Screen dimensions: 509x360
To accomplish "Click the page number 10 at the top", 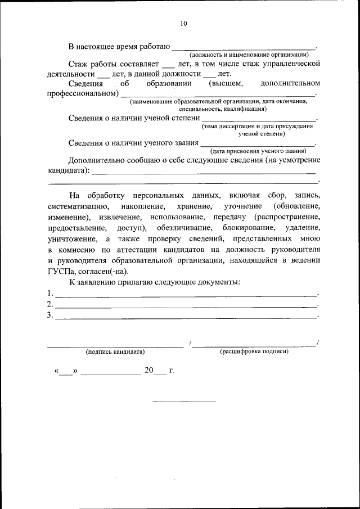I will [183, 24].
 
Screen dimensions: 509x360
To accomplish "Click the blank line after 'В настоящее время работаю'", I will [243, 48].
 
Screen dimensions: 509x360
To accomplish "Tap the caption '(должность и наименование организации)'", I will [249, 55].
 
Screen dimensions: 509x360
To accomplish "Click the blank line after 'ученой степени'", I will [258, 120].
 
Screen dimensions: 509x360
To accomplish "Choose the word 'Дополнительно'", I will [96, 160].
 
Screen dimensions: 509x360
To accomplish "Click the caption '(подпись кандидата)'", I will [115, 352].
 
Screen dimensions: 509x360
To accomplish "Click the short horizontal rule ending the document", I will [184, 402].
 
